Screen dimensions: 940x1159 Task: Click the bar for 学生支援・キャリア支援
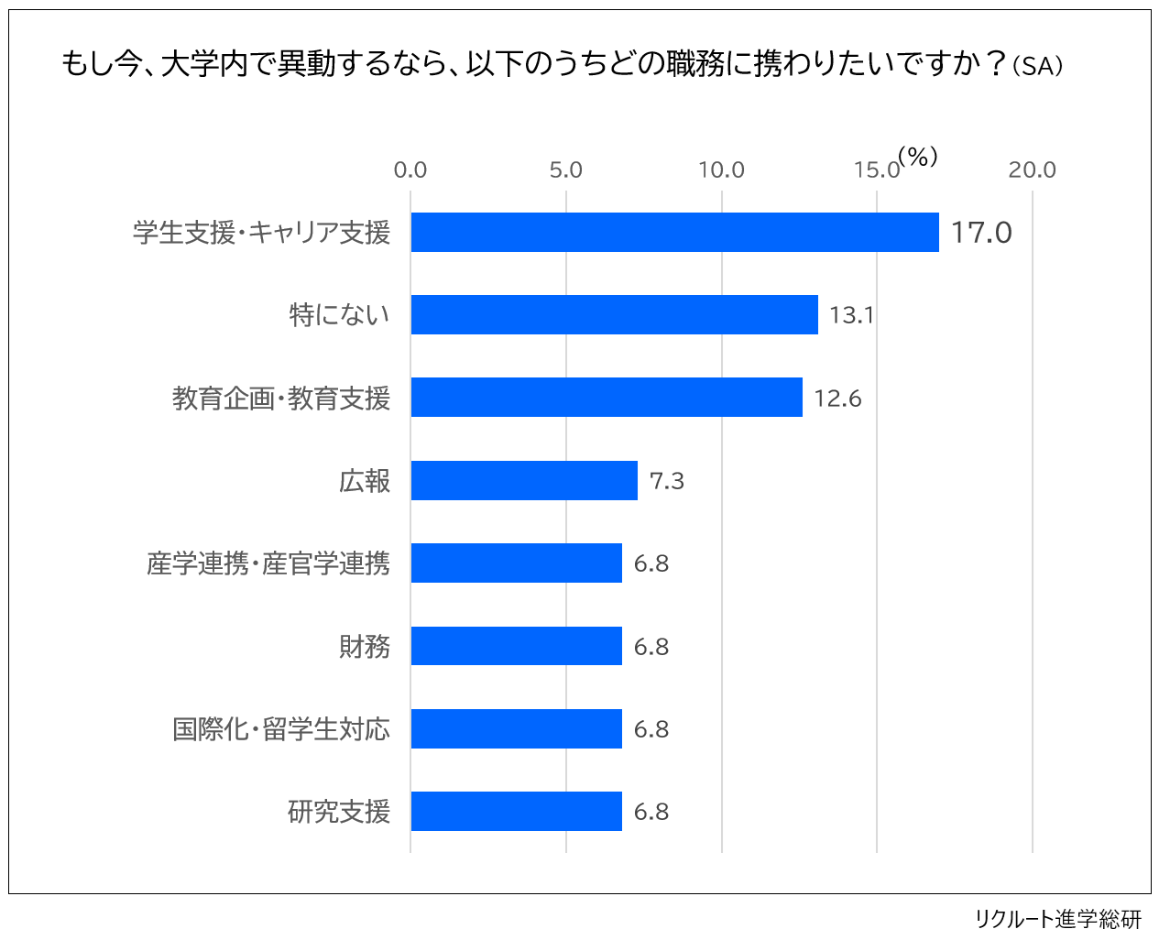coord(674,232)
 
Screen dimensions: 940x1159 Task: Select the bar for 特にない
coord(614,314)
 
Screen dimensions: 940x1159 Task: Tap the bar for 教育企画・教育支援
coord(607,398)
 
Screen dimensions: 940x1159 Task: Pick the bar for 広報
coord(524,480)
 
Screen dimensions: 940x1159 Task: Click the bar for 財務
coord(516,646)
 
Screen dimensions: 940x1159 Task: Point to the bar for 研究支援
coord(516,811)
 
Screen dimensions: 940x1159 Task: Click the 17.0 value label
coord(980,233)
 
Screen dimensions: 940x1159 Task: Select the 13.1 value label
coord(851,315)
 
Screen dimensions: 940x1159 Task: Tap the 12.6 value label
coord(837,399)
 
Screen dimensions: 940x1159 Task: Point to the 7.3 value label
coord(666,481)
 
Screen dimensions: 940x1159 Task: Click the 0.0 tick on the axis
coord(410,169)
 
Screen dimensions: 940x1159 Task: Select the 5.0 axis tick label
coord(566,169)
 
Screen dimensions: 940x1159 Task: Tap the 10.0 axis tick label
coord(721,169)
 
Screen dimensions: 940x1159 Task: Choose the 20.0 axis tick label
coord(1032,169)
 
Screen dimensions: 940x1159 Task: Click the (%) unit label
coord(918,157)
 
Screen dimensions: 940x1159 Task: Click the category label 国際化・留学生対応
coord(281,729)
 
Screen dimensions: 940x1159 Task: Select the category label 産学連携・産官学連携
coord(268,563)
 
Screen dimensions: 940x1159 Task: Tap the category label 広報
coord(365,481)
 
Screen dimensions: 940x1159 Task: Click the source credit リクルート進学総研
coord(1057,918)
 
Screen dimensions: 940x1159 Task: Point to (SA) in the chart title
coord(1038,66)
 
